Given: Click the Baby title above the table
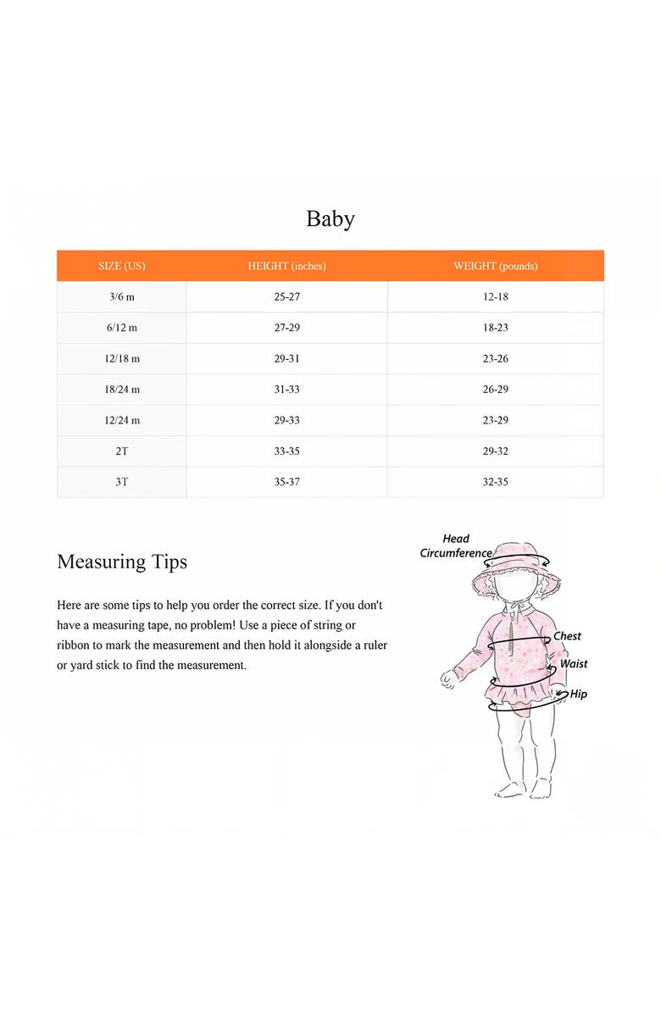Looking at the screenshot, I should [330, 219].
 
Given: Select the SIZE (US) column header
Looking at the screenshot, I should [122, 266].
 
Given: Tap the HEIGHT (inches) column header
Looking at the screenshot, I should [286, 266].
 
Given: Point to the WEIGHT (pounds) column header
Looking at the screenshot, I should [495, 266].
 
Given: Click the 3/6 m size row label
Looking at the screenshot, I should [122, 297].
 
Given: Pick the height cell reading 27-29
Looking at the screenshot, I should [286, 328].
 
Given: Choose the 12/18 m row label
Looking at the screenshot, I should [122, 359].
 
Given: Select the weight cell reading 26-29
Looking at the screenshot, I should [495, 390].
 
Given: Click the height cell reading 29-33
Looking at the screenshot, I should [286, 420].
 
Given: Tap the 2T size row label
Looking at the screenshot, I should [122, 451].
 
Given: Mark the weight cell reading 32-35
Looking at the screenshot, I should [495, 482].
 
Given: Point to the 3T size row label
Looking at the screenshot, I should [122, 482].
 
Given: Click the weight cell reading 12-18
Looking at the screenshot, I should [495, 297].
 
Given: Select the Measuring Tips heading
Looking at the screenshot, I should [122, 562].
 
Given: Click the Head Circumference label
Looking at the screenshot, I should [456, 545].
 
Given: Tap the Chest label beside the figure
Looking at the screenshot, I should [567, 636].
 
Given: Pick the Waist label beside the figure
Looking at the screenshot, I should [574, 664].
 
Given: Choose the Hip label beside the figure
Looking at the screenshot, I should [579, 695].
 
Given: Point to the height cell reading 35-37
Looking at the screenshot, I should [286, 482].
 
